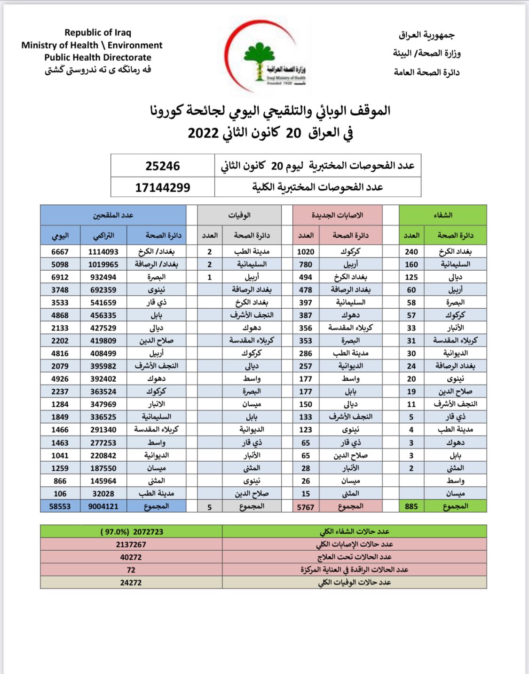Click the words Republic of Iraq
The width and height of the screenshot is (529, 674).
(x=98, y=32)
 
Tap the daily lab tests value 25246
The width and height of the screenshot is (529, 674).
(x=163, y=166)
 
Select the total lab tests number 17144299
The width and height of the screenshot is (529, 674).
(x=163, y=187)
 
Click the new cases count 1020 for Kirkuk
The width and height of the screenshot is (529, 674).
(x=306, y=252)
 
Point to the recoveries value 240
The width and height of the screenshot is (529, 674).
(x=411, y=252)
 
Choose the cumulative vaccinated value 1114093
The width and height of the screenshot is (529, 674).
(x=103, y=252)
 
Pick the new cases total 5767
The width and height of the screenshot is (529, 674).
(x=306, y=507)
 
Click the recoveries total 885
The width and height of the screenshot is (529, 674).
(x=411, y=506)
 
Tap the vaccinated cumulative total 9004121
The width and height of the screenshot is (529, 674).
(x=103, y=506)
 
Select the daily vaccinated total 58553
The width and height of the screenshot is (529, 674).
(x=60, y=506)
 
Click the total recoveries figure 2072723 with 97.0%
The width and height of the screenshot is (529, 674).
(x=132, y=532)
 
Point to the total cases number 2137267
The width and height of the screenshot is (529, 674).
(x=131, y=545)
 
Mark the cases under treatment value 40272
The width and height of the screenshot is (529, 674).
(x=131, y=557)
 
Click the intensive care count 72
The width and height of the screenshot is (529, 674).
(x=131, y=570)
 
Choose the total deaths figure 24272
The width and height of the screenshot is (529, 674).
(x=131, y=583)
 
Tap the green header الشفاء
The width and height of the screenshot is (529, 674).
(x=443, y=215)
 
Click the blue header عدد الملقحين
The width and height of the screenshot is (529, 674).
(x=113, y=215)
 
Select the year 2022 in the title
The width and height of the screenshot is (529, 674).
(x=204, y=133)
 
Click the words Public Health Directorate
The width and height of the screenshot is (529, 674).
(x=98, y=57)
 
